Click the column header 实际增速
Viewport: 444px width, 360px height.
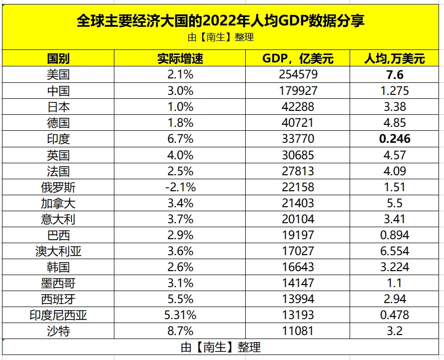click(x=180, y=59)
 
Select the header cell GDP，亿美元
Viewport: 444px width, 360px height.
click(x=298, y=59)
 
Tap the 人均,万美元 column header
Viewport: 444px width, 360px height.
click(x=394, y=59)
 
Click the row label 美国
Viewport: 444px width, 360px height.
click(x=58, y=75)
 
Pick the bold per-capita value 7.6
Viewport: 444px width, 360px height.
click(x=394, y=75)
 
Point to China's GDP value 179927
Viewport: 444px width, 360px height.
click(x=298, y=91)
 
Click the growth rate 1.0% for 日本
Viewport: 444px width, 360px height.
click(x=180, y=107)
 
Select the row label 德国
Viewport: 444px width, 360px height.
click(x=58, y=123)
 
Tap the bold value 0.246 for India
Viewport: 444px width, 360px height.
click(x=394, y=139)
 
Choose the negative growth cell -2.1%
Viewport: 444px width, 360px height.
click(x=180, y=187)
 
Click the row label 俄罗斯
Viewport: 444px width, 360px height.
click(x=58, y=187)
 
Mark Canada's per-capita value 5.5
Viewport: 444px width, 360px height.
click(x=394, y=203)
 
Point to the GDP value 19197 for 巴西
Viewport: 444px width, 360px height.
click(x=298, y=235)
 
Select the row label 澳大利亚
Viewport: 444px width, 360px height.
click(x=58, y=251)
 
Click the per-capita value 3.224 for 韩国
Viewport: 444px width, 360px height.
click(x=394, y=267)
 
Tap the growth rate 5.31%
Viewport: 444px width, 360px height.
click(x=180, y=315)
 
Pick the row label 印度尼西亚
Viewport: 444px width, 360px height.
click(x=58, y=315)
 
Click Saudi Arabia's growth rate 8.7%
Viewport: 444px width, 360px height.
click(x=180, y=331)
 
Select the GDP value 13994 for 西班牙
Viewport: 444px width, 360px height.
click(x=298, y=299)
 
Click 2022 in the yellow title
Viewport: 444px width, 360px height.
click(x=224, y=21)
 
